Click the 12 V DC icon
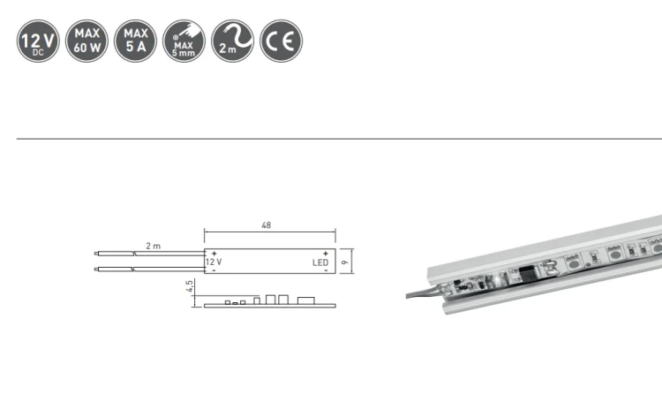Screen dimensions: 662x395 pyautogui.click(x=38, y=41)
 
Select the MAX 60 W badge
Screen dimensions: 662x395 pyautogui.click(x=87, y=41)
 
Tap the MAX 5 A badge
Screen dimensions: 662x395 pyautogui.click(x=136, y=41)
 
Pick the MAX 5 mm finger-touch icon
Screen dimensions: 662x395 pyautogui.click(x=184, y=41)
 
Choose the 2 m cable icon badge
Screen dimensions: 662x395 pyautogui.click(x=233, y=41)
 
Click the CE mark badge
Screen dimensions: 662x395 pyautogui.click(x=282, y=41)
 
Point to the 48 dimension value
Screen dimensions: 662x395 pyautogui.click(x=266, y=225)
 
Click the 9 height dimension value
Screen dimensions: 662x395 pyautogui.click(x=345, y=262)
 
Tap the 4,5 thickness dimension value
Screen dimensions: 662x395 pyautogui.click(x=190, y=286)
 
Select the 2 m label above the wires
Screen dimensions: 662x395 pyautogui.click(x=154, y=246)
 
